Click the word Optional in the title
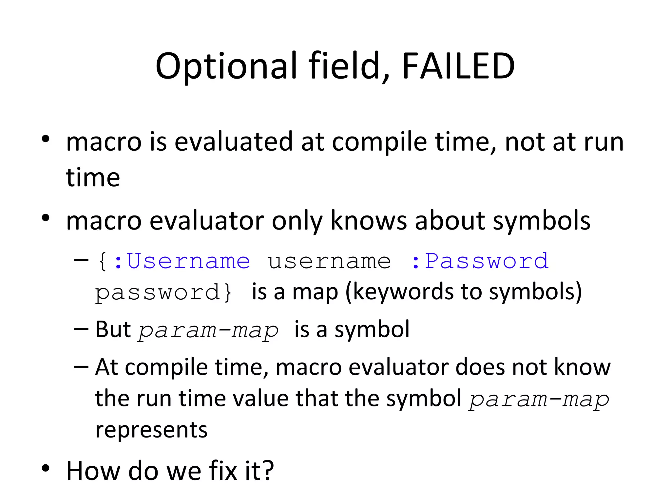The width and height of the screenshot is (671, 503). [226, 67]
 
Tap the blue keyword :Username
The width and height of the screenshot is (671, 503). [182, 261]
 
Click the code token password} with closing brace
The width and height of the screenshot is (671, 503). [163, 292]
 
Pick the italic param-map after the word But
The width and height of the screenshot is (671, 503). [208, 330]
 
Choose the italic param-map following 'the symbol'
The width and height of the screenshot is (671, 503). [539, 400]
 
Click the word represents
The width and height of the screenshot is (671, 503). [151, 430]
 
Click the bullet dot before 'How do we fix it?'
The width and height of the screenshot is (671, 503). [46, 468]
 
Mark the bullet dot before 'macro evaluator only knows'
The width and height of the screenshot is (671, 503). [46, 218]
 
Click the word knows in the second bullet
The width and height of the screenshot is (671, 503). [369, 221]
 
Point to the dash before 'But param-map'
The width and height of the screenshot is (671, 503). [81, 329]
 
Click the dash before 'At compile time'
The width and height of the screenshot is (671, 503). [81, 366]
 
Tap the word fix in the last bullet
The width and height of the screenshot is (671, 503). [223, 471]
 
